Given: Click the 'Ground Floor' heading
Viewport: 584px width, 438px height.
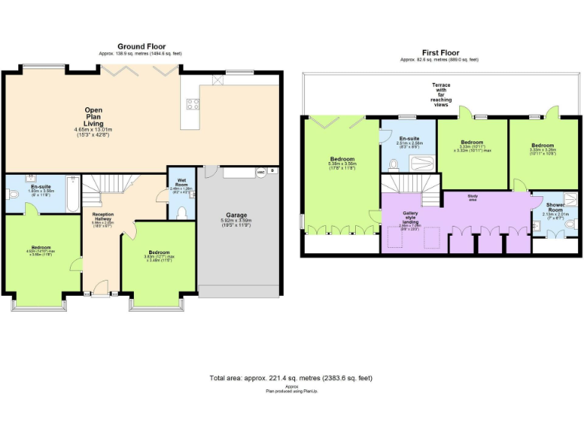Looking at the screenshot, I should [141, 47].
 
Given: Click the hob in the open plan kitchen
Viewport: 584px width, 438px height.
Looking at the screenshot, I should [192, 105].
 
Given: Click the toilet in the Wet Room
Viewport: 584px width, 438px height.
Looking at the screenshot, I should [182, 211].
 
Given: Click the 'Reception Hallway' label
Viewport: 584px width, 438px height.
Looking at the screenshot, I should [102, 217].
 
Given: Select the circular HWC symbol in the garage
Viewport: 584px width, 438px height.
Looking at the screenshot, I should [261, 173].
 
